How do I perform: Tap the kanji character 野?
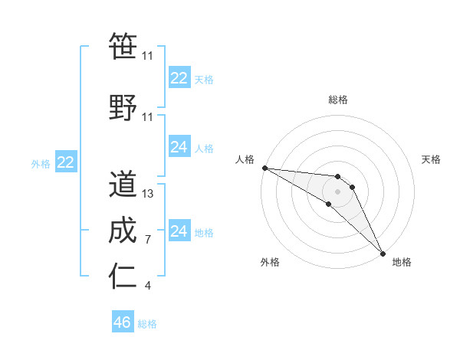tap(123, 108)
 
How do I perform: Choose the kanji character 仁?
tap(123, 277)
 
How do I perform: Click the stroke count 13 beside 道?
tap(148, 194)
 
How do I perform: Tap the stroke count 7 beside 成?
tap(148, 240)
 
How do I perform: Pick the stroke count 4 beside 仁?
tap(148, 286)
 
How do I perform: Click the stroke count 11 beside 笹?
tap(148, 56)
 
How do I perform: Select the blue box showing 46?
tap(123, 322)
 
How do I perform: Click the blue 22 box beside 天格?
tap(179, 78)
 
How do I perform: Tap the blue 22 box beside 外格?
tap(66, 162)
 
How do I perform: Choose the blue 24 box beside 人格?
tap(179, 147)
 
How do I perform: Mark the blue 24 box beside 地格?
tap(179, 231)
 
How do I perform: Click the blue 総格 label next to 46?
tap(147, 324)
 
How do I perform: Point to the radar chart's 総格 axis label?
tap(338, 100)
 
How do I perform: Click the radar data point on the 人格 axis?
tap(264, 168)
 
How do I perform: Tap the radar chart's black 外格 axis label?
tap(270, 263)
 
